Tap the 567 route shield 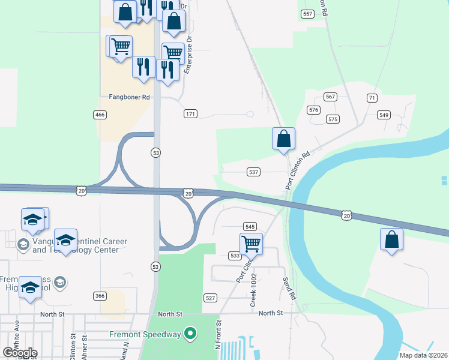[330, 97]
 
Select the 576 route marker [313, 110]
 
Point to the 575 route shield [333, 119]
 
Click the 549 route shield [384, 115]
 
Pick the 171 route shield [190, 114]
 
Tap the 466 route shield [100, 115]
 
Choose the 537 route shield [253, 172]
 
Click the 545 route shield [250, 226]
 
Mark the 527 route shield [210, 298]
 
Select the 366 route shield [100, 296]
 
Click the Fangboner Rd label [129, 97]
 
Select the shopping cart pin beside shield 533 [251, 244]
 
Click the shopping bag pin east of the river [391, 240]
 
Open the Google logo [20, 352]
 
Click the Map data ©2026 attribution [424, 355]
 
